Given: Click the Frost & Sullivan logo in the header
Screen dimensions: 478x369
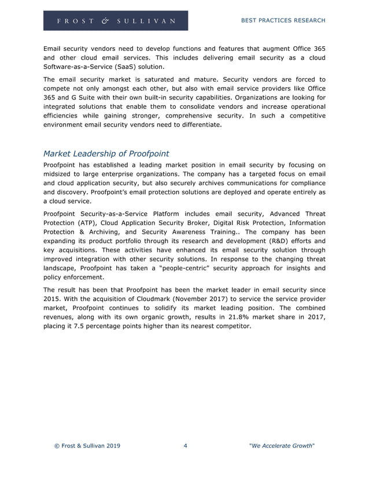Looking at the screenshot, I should pyautogui.click(x=116, y=20).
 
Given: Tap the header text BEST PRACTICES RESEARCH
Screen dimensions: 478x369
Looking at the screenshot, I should pyautogui.click(x=282, y=20).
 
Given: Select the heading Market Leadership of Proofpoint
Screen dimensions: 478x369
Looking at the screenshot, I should pyautogui.click(x=106, y=153).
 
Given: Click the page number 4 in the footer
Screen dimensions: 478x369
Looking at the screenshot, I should pyautogui.click(x=184, y=446).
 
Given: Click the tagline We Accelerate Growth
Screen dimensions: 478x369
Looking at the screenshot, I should pyautogui.click(x=281, y=446).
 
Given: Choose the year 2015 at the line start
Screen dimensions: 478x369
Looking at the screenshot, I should pyautogui.click(x=53, y=299).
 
